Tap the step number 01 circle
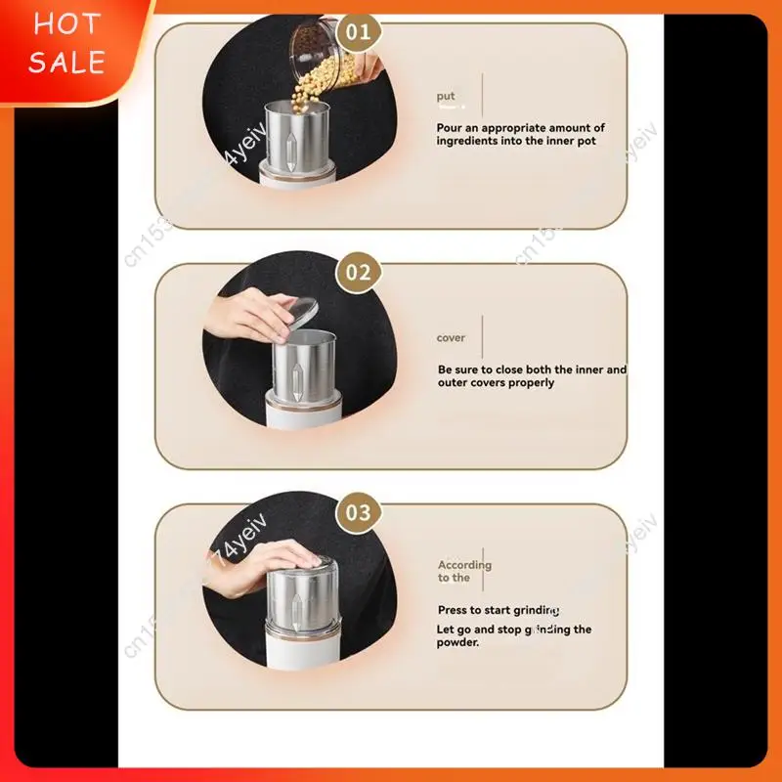359,31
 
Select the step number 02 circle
359,272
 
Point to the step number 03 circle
359,512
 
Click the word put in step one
446,96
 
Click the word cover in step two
451,338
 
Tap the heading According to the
464,571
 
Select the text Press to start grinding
499,610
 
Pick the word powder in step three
457,642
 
